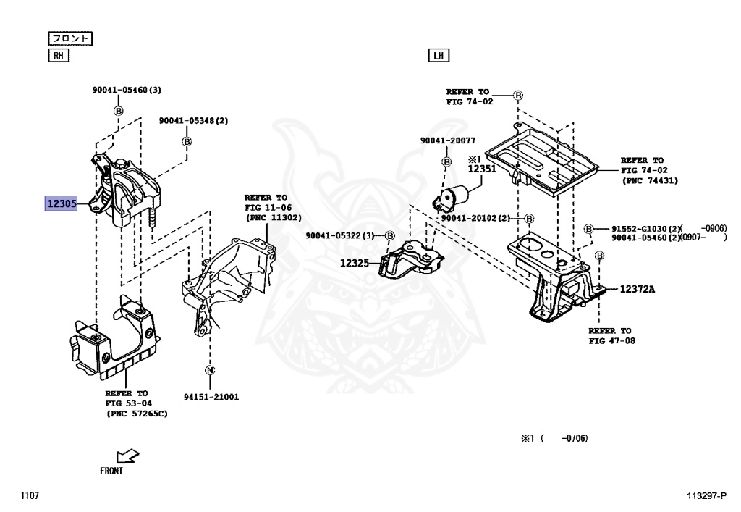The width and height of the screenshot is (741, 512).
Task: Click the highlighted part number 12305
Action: [62, 204]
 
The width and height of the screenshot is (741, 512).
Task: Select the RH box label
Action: [58, 56]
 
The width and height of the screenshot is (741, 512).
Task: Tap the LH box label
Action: [439, 56]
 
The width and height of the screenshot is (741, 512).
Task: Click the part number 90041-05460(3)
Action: [127, 91]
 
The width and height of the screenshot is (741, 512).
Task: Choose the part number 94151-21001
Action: [211, 397]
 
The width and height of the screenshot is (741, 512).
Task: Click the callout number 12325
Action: [355, 263]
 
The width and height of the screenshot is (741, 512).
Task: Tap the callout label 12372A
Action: [637, 289]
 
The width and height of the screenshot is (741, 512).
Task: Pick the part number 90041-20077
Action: [447, 140]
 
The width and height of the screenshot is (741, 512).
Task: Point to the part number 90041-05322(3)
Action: [340, 235]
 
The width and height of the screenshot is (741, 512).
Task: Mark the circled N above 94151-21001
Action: [211, 371]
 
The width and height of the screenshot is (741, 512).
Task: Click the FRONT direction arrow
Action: [127, 456]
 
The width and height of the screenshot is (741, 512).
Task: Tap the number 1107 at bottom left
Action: [30, 495]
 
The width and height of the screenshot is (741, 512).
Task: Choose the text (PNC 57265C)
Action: [137, 413]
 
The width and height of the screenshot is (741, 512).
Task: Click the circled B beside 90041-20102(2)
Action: [529, 218]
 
